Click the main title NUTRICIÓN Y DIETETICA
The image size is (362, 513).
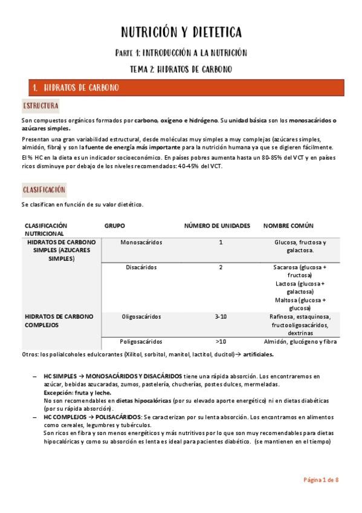tap(181, 31)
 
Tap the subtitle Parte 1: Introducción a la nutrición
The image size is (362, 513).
tap(181, 53)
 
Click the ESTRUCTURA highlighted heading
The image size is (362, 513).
tap(41, 106)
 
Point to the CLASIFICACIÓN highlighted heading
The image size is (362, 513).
tap(44, 190)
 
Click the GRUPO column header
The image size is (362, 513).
tap(115, 226)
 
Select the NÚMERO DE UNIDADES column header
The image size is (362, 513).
tap(217, 226)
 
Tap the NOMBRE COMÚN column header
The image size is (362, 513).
tap(288, 226)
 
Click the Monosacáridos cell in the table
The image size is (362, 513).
tap(141, 243)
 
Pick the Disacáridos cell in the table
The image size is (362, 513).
tap(141, 267)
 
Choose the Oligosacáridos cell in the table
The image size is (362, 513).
tap(141, 316)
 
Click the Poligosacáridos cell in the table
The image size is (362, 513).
tap(141, 341)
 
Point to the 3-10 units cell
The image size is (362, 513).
tap(221, 316)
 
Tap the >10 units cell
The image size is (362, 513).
tap(221, 341)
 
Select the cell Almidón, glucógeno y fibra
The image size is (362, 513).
tap(300, 341)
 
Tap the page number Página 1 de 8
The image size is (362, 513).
tap(320, 480)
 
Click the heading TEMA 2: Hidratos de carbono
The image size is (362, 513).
tap(181, 70)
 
